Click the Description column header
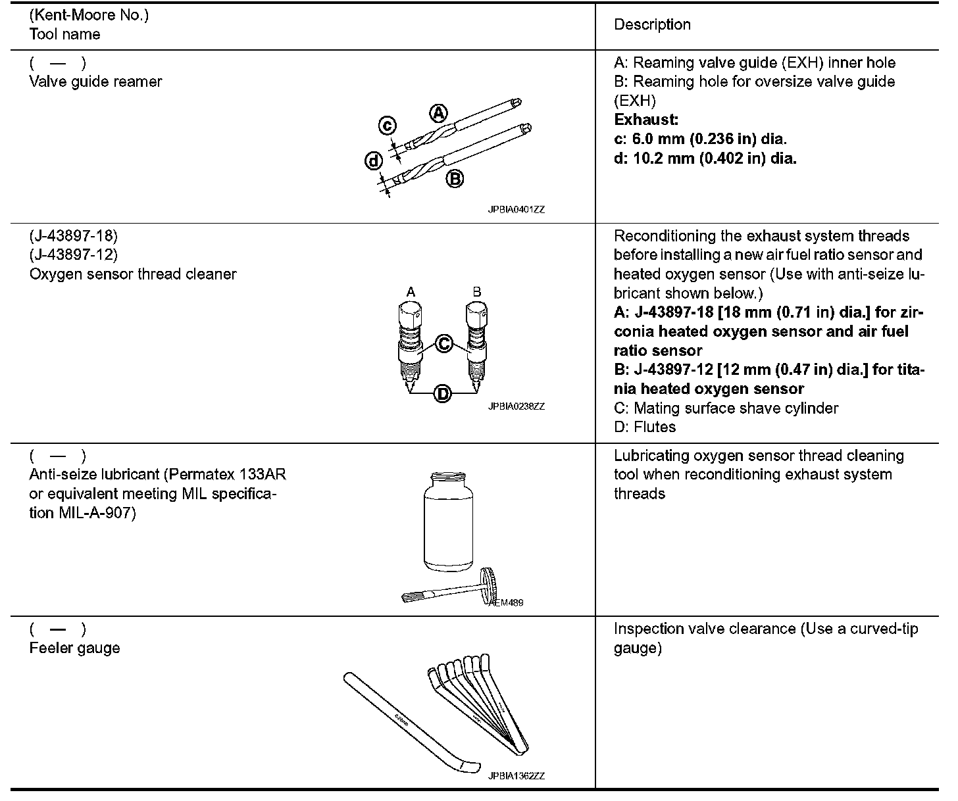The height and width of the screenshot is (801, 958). coord(652,25)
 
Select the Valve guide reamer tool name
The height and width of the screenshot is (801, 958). coord(95,82)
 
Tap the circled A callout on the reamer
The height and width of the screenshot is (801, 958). coord(438,113)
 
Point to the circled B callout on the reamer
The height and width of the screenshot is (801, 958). coord(455,178)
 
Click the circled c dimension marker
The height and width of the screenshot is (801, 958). coord(388,126)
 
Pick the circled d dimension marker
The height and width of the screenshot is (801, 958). coord(374,160)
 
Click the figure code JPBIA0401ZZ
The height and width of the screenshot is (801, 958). coord(516,210)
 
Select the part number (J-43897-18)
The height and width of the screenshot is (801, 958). coord(73,235)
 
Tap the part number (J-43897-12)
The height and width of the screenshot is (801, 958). coord(73,255)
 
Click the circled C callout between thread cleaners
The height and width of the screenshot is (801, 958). coord(443,343)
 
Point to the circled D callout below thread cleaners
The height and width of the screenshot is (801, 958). coord(443,394)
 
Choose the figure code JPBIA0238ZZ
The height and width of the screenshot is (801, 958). coord(516,406)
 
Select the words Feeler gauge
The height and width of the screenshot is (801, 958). coord(74,648)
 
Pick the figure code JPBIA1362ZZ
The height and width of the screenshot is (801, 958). coord(516,776)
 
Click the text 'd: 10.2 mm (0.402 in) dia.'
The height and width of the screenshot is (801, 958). coord(705,158)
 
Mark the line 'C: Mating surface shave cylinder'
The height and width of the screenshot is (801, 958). coord(726,408)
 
